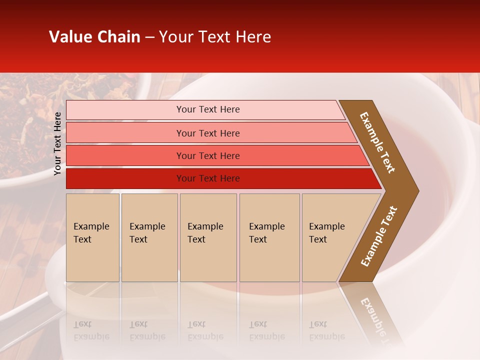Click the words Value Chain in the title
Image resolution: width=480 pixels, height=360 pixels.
[x=94, y=37]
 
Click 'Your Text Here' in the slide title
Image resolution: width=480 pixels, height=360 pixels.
[x=215, y=37]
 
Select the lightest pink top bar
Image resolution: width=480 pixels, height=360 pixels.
[x=125, y=110]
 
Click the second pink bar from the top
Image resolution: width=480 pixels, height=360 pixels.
[x=125, y=133]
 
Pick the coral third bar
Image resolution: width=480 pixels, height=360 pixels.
[x=125, y=155]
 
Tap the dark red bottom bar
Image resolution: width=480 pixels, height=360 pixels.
[x=125, y=178]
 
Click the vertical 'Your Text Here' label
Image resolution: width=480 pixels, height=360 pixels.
[x=57, y=143]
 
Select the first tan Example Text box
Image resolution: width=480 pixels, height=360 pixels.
[x=92, y=237]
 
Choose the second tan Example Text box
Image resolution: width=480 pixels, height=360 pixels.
[x=149, y=237]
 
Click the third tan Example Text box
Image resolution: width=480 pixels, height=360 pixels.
[x=208, y=237]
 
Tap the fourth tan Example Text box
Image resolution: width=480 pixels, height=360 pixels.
[x=269, y=237]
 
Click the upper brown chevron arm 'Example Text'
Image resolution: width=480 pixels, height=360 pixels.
[x=377, y=142]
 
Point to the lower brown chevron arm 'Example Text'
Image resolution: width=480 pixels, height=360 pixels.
[x=378, y=236]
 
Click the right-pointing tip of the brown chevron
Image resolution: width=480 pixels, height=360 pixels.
[x=413, y=191]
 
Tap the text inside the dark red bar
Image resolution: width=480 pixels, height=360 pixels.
[x=208, y=178]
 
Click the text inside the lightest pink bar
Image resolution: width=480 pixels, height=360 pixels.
[x=208, y=109]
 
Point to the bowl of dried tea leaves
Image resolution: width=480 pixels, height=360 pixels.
[x=65, y=100]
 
